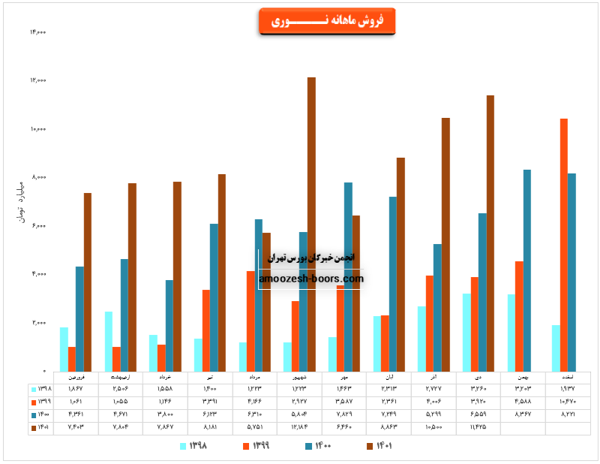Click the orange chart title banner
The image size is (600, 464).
point(326,21)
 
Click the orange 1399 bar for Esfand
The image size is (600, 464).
point(563,245)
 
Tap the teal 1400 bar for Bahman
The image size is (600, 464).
point(527,270)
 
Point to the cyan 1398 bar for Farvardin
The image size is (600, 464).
point(64,349)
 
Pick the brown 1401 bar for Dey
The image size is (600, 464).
point(490,233)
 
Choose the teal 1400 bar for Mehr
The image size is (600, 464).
point(348,276)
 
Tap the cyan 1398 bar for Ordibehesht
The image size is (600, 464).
point(109,341)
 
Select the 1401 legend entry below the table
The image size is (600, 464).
point(380,447)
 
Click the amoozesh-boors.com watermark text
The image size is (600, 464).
point(310,279)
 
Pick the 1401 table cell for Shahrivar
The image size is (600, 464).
point(299,427)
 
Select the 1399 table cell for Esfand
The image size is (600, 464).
point(568,402)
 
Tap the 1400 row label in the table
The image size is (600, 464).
point(43,414)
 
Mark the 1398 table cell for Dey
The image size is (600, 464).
point(478,389)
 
